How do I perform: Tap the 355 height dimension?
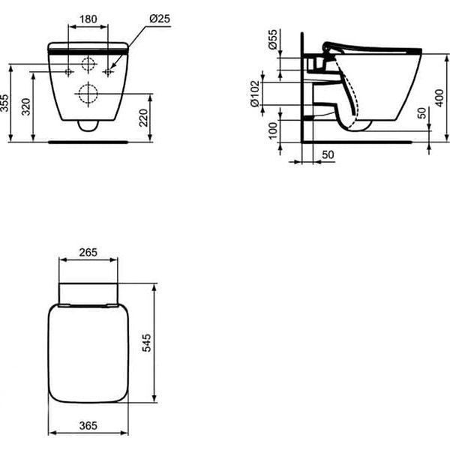pyautogui.click(x=6, y=103)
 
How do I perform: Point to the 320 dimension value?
pyautogui.click(x=28, y=106)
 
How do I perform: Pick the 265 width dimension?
pyautogui.click(x=88, y=253)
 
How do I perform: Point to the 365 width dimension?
pyautogui.click(x=88, y=425)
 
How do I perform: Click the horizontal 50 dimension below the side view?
pyautogui.click(x=328, y=154)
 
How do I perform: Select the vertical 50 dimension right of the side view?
pyautogui.click(x=422, y=112)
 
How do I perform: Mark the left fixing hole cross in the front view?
pyautogui.click(x=69, y=72)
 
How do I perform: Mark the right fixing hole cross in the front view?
pyautogui.click(x=108, y=72)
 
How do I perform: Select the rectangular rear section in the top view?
pyautogui.click(x=88, y=292)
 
